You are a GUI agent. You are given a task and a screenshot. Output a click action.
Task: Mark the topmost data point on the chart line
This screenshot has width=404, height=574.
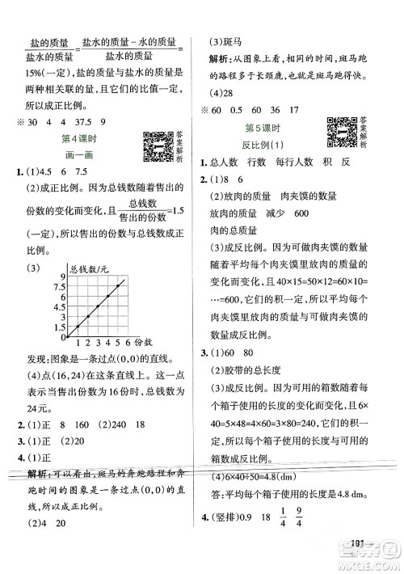(120, 285)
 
